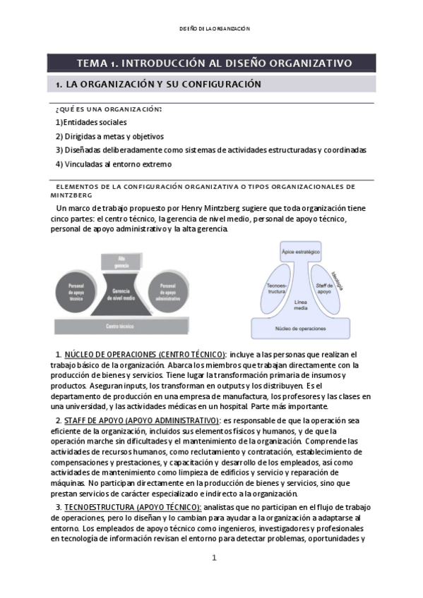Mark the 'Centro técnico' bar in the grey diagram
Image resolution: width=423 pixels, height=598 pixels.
(x=121, y=327)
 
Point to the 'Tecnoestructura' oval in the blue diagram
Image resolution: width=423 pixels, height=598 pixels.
(x=277, y=289)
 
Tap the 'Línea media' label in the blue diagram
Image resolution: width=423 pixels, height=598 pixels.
(x=301, y=305)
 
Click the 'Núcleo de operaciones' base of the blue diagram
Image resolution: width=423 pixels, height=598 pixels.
(x=301, y=329)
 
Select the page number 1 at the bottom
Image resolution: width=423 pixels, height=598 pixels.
(x=214, y=558)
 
